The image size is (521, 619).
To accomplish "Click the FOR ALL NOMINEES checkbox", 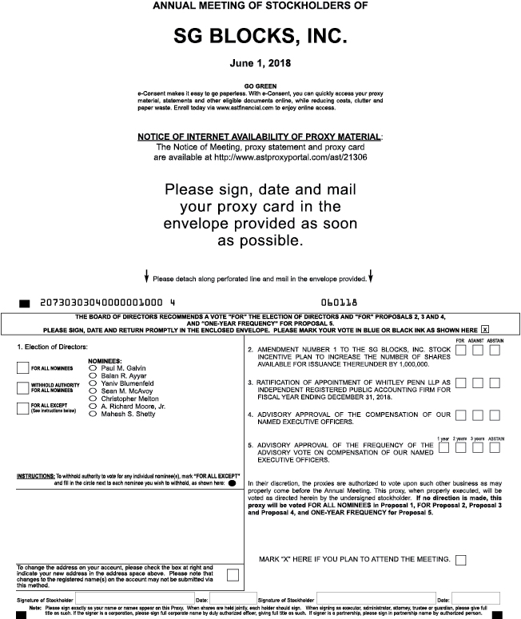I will [x=23, y=368].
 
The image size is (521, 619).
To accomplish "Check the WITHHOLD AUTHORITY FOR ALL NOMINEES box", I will [x=23, y=388].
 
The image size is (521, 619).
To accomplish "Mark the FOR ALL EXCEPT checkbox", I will [x=23, y=408].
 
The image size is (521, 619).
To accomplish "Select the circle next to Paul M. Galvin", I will [x=93, y=368].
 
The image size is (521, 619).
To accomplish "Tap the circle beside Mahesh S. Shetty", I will [x=93, y=415].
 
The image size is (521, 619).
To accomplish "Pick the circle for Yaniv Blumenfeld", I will [x=93, y=383].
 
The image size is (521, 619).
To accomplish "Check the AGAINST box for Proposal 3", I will [x=477, y=384].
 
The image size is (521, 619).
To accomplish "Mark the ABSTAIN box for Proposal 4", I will [x=495, y=415].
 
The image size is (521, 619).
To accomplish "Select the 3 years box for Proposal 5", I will [x=477, y=446].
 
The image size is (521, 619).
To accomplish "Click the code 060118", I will [x=339, y=304].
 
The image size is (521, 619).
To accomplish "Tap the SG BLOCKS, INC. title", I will [x=260, y=37].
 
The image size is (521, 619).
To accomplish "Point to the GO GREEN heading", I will [x=260, y=85].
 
